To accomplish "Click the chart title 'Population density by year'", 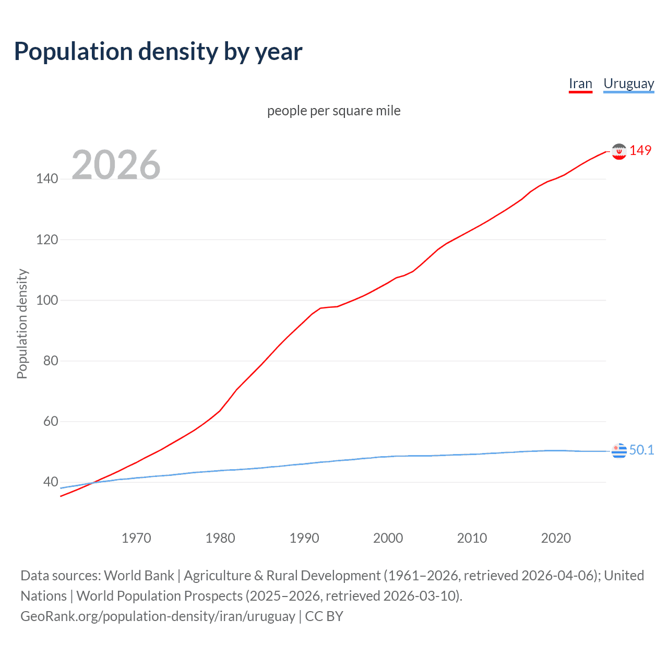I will pos(158,52).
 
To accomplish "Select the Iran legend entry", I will pos(580,84).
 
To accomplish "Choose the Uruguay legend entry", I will pos(628,84).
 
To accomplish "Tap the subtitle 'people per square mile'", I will pos(333,111).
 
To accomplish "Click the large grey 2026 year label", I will pos(116,164).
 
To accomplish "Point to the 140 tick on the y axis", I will pos(47,179).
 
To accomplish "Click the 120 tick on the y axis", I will pos(47,240).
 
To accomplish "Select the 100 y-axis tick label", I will pos(47,301).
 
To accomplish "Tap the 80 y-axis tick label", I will pos(50,361).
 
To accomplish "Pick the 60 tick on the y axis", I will pos(50,422).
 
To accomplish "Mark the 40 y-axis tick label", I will pos(50,482).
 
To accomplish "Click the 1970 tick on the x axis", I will pos(136,538).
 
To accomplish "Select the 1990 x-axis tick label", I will pos(304,538).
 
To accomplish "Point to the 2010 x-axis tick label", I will pos(472,538).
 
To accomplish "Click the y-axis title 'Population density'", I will pos(22,324).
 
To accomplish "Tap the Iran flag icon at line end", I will pos(619,151).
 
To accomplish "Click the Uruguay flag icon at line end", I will pos(619,450).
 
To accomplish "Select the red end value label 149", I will pos(640,150).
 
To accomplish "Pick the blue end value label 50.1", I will pos(641,450).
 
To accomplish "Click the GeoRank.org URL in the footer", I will pos(158,616).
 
